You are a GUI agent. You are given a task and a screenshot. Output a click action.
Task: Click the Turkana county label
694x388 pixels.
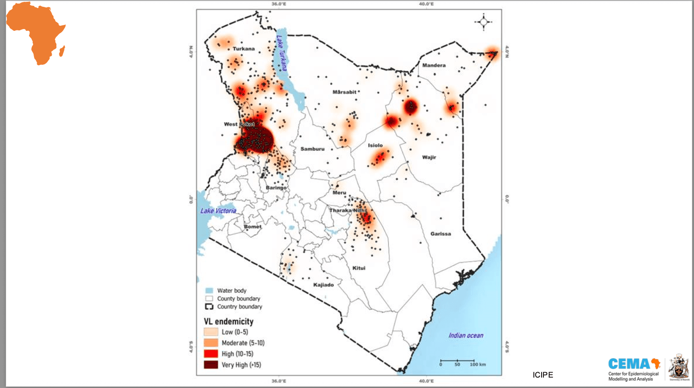244,48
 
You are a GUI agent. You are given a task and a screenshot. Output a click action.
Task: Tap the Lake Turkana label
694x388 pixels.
282,53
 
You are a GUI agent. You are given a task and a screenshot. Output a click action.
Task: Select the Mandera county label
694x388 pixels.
434,65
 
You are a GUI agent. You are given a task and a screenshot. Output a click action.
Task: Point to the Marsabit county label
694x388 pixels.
344,92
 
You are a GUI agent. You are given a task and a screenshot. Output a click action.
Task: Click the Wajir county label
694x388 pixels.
429,157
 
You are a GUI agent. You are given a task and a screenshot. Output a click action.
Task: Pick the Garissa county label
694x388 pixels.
440,234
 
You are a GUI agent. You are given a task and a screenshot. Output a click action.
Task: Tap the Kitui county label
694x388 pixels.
359,268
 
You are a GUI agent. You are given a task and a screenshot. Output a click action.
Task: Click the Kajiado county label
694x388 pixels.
323,285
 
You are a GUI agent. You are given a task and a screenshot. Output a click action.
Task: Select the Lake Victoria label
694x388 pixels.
218,211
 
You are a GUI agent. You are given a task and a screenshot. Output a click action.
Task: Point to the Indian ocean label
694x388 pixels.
466,335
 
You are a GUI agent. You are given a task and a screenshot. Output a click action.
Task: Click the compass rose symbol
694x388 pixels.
484,22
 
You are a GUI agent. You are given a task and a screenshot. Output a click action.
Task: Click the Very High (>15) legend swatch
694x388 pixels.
211,365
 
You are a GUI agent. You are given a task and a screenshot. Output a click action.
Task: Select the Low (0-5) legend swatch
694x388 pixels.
211,332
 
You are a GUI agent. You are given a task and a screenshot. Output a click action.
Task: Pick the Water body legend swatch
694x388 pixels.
209,291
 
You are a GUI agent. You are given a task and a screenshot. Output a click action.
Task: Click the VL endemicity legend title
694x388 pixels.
228,321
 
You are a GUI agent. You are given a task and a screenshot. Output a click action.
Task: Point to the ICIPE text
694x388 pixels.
542,375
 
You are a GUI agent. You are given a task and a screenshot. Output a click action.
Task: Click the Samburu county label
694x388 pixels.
312,149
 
